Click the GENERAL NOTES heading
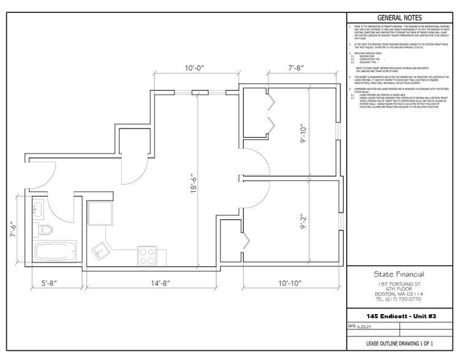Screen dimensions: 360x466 pos(399,18)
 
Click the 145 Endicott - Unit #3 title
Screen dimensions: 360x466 pos(399,315)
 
